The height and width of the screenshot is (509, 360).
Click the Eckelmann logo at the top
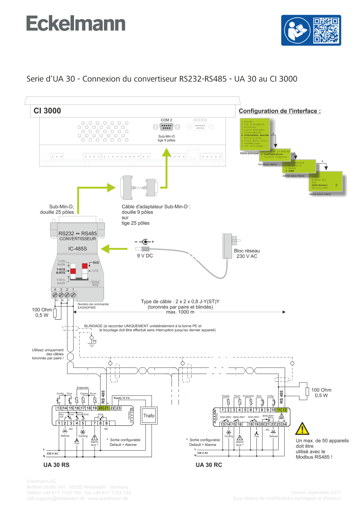(x=76, y=24)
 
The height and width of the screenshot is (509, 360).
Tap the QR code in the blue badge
(x=326, y=30)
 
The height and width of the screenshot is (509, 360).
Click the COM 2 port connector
(x=166, y=127)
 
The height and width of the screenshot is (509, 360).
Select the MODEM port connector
(x=200, y=127)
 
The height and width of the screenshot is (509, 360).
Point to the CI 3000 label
(x=47, y=111)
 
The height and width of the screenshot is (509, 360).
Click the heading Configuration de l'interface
(x=279, y=111)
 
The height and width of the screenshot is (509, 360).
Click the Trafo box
(x=149, y=415)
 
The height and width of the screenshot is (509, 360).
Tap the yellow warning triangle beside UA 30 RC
(x=302, y=429)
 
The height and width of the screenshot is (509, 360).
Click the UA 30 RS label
(x=57, y=465)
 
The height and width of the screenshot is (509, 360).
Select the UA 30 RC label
(x=209, y=465)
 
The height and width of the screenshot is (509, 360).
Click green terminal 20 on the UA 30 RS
(x=101, y=408)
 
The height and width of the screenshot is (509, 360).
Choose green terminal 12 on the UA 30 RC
(x=284, y=410)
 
